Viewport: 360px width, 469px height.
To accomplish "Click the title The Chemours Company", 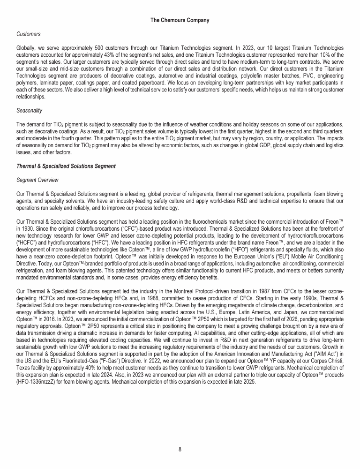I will (180, 20).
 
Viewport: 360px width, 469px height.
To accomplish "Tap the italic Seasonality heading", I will (28, 110).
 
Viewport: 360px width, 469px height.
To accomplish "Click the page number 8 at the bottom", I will (180, 449).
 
